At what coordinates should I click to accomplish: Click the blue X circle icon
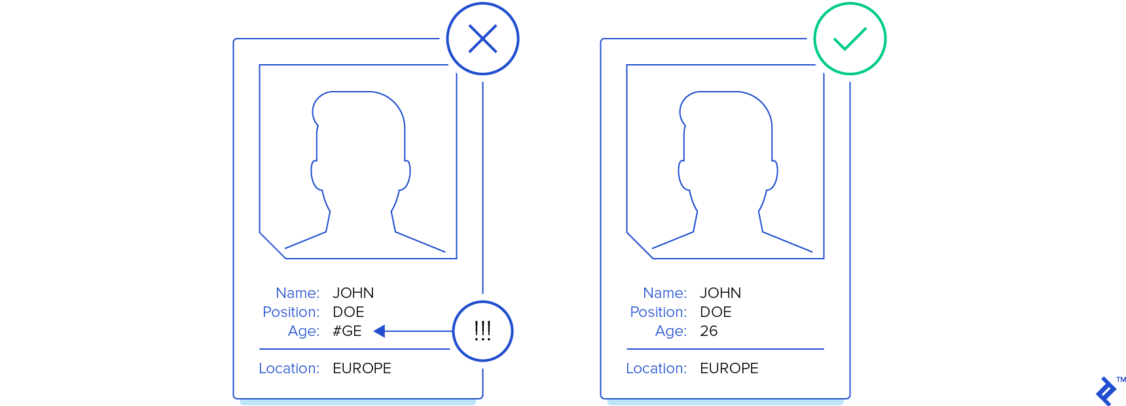[482, 39]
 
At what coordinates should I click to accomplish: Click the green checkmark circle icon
[850, 39]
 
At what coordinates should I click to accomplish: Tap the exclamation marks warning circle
[482, 331]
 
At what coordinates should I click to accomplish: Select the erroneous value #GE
[347, 331]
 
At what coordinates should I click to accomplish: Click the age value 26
[708, 331]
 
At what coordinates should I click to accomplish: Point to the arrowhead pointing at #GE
[380, 331]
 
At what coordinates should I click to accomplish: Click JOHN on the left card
[353, 293]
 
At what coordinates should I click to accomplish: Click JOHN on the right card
[720, 293]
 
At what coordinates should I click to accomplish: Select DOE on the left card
[348, 312]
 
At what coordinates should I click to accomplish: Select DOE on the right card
[716, 312]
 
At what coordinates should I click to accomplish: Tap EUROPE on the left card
[361, 368]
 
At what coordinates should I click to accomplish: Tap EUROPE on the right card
[729, 368]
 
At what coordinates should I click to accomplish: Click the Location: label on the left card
[289, 368]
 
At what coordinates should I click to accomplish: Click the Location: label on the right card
[656, 368]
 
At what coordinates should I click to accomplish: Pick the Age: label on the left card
[303, 331]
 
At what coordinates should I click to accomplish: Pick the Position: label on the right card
[658, 312]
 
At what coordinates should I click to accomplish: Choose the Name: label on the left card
[297, 293]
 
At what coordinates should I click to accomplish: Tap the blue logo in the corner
[1106, 391]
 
